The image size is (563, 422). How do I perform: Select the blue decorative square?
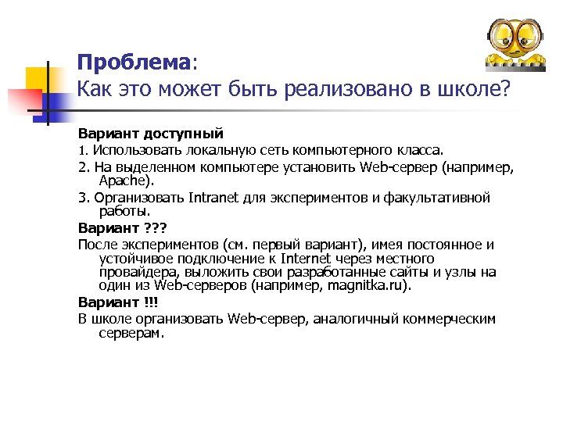(x=54, y=101)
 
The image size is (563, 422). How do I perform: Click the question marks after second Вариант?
(x=157, y=228)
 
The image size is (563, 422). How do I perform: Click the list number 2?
(x=83, y=167)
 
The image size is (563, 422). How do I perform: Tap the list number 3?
(x=83, y=197)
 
